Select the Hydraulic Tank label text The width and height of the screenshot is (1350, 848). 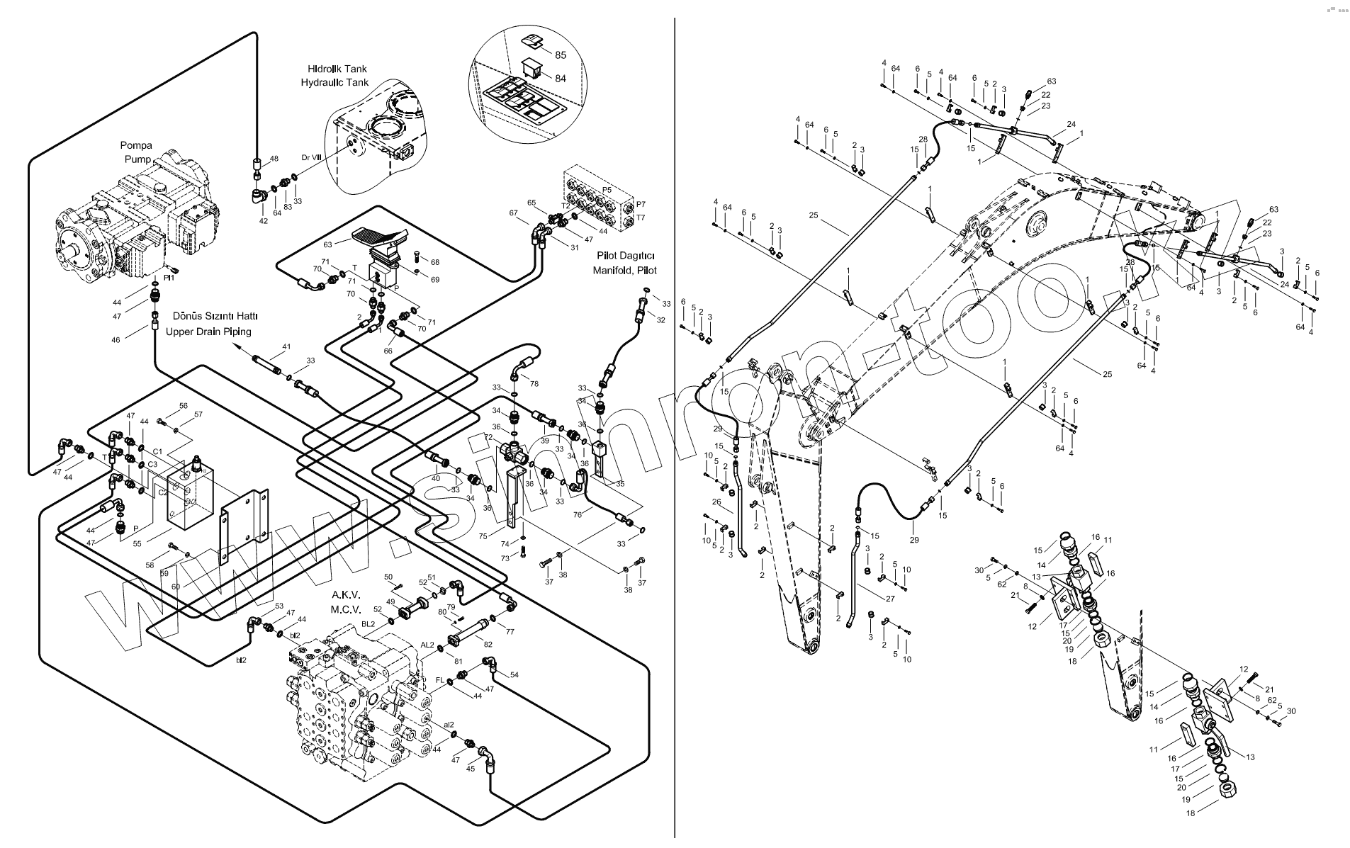coord(334,83)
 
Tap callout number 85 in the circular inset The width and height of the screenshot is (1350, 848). coord(561,55)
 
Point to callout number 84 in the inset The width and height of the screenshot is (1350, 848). coord(561,78)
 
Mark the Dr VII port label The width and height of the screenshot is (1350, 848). coord(312,157)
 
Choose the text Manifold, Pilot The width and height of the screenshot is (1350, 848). coord(625,271)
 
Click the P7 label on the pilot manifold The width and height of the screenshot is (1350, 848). coord(641,205)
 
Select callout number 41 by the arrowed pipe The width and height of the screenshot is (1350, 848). coord(286,347)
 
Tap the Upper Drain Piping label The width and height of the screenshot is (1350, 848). coord(208,332)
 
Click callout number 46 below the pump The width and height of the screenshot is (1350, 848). coord(116,340)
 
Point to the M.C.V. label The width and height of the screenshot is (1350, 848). coord(346,609)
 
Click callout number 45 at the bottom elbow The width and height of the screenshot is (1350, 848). coord(471,769)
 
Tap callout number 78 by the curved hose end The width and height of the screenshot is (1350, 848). coord(534,383)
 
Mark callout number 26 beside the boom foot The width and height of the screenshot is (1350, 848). coord(716,502)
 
